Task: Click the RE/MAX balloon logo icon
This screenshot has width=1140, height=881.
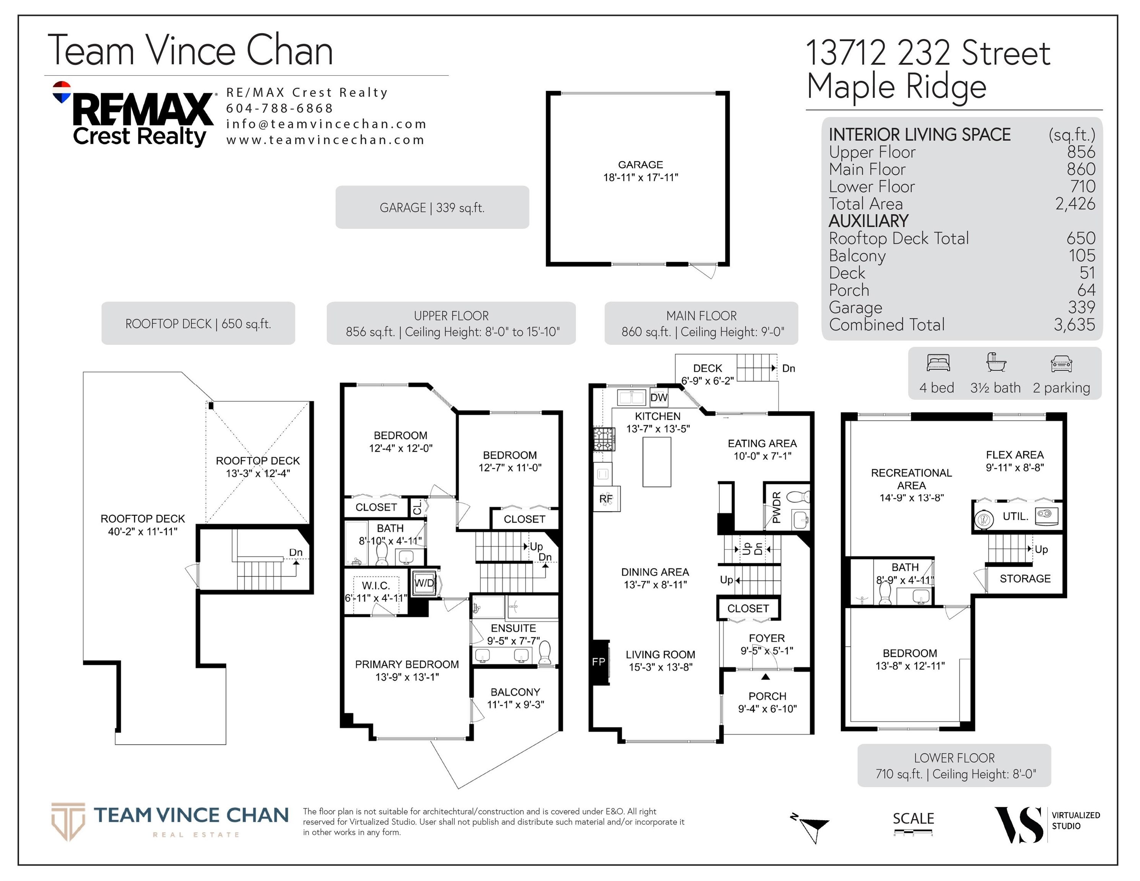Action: click(62, 92)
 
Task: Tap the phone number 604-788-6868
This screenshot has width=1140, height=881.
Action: click(279, 108)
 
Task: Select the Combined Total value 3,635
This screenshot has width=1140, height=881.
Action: click(1074, 325)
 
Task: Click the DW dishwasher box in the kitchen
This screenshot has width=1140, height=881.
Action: click(659, 397)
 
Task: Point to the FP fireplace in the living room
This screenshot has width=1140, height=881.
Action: click(599, 662)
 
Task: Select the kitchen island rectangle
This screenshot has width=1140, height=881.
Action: click(657, 462)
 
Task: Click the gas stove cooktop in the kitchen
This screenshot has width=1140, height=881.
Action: click(604, 439)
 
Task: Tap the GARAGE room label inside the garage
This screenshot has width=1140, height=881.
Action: click(641, 164)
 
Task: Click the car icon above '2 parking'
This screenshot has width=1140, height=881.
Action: click(1061, 363)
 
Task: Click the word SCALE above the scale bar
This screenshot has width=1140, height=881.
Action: click(913, 818)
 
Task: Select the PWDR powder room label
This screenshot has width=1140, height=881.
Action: click(776, 507)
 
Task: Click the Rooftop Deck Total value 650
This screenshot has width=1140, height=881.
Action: click(1080, 238)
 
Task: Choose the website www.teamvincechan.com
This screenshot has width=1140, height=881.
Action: click(325, 140)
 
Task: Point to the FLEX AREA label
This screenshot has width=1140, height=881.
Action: click(1015, 455)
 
